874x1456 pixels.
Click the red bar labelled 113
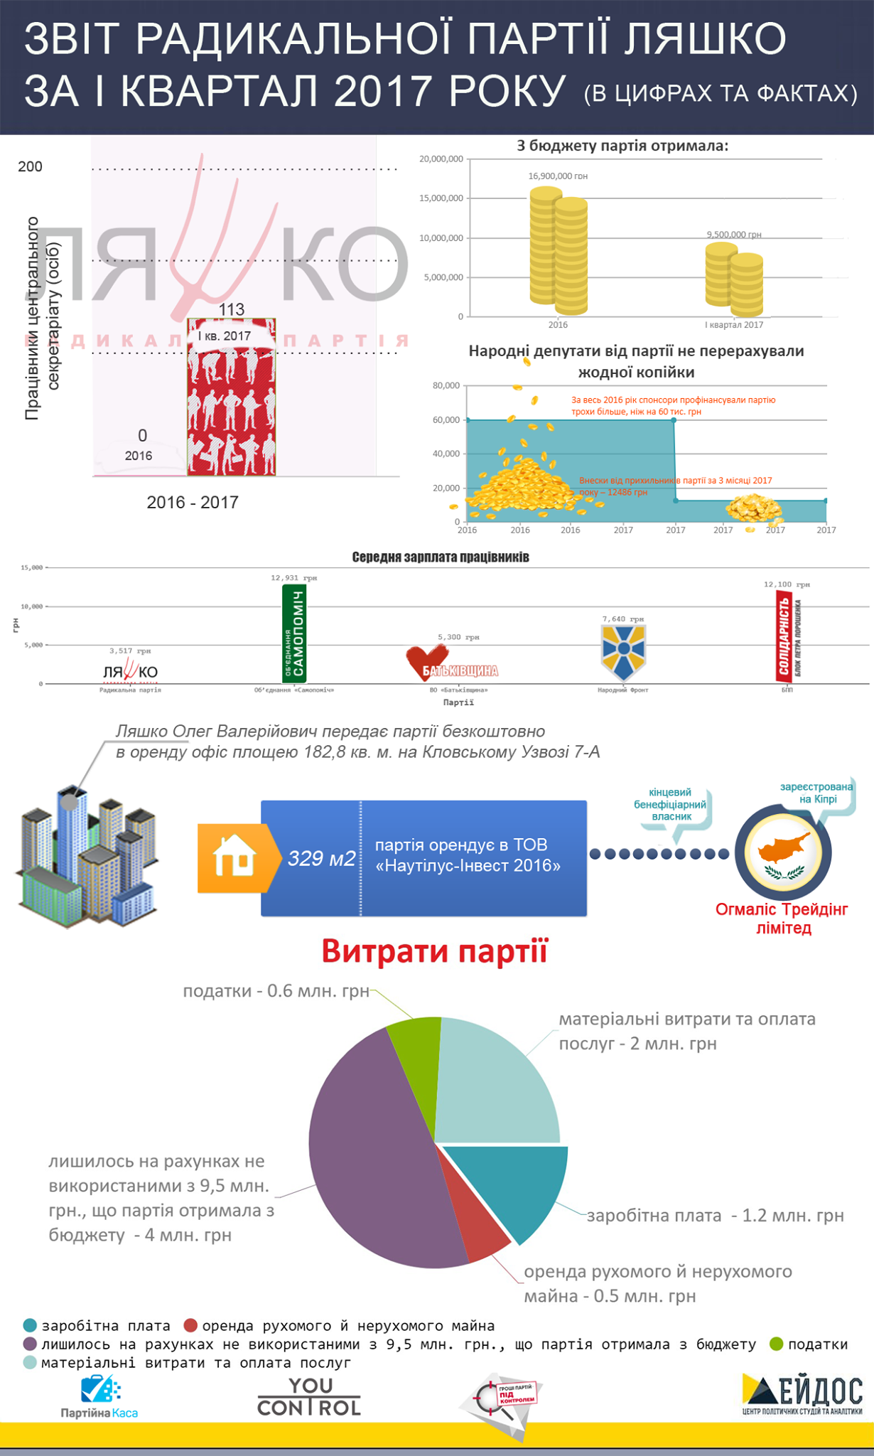pos(231,398)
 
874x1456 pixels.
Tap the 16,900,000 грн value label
pos(558,176)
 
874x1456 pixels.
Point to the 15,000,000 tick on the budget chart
pos(441,198)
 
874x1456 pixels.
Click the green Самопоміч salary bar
pos(294,633)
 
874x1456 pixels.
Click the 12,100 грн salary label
pos(787,584)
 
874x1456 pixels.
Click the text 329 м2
pos(321,859)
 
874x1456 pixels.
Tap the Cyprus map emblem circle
pos(782,852)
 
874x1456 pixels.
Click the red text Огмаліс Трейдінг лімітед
pos(782,919)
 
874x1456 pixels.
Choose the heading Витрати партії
pos(435,951)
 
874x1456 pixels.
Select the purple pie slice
pos(369,1152)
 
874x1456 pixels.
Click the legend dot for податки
pos(777,1344)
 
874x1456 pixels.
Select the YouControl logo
pos(309,1396)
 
